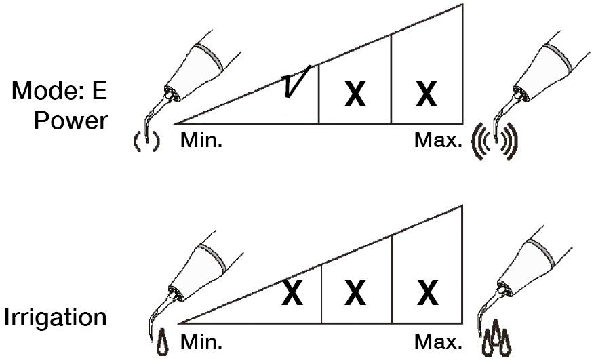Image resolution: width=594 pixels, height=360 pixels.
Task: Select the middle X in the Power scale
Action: tap(355, 94)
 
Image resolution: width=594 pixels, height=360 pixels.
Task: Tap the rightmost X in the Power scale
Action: tap(427, 94)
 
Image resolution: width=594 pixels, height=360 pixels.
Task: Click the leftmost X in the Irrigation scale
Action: tap(292, 293)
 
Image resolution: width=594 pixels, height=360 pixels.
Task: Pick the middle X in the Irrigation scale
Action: tap(355, 293)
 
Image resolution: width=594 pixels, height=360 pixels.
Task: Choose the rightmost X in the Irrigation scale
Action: tap(428, 293)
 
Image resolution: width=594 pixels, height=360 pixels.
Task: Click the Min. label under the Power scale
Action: tap(201, 140)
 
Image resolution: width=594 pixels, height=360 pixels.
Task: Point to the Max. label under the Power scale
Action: tap(438, 140)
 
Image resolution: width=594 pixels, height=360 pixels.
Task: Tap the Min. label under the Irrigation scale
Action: tap(201, 342)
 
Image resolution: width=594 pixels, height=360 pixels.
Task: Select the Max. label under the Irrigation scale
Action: tap(438, 342)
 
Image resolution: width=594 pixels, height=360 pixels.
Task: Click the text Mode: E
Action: tap(60, 91)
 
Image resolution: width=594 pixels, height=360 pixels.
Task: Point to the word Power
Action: tap(71, 121)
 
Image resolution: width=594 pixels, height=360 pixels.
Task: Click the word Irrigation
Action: tap(56, 317)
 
